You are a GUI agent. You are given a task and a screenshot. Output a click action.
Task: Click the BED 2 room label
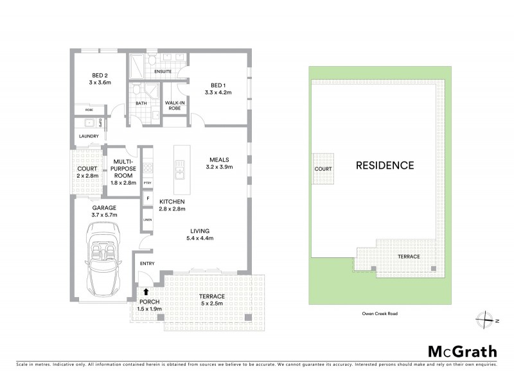point(98,78)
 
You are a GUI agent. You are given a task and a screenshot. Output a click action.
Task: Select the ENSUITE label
point(163,71)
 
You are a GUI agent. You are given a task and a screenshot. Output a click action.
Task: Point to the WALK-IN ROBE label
point(174,105)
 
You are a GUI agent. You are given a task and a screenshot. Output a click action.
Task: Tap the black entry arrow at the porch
point(146,292)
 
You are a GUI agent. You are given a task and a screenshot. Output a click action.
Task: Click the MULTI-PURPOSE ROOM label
point(123,171)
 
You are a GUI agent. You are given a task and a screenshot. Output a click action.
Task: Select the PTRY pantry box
point(147,183)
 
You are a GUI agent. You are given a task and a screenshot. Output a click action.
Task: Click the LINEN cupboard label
point(147,219)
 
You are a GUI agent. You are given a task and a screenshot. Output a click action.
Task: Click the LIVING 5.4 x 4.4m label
point(201,235)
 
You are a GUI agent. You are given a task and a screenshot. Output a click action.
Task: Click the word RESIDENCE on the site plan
point(385,165)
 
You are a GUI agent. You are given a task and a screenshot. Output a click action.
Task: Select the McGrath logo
point(462,351)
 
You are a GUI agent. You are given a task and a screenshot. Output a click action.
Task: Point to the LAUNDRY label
point(89,137)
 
